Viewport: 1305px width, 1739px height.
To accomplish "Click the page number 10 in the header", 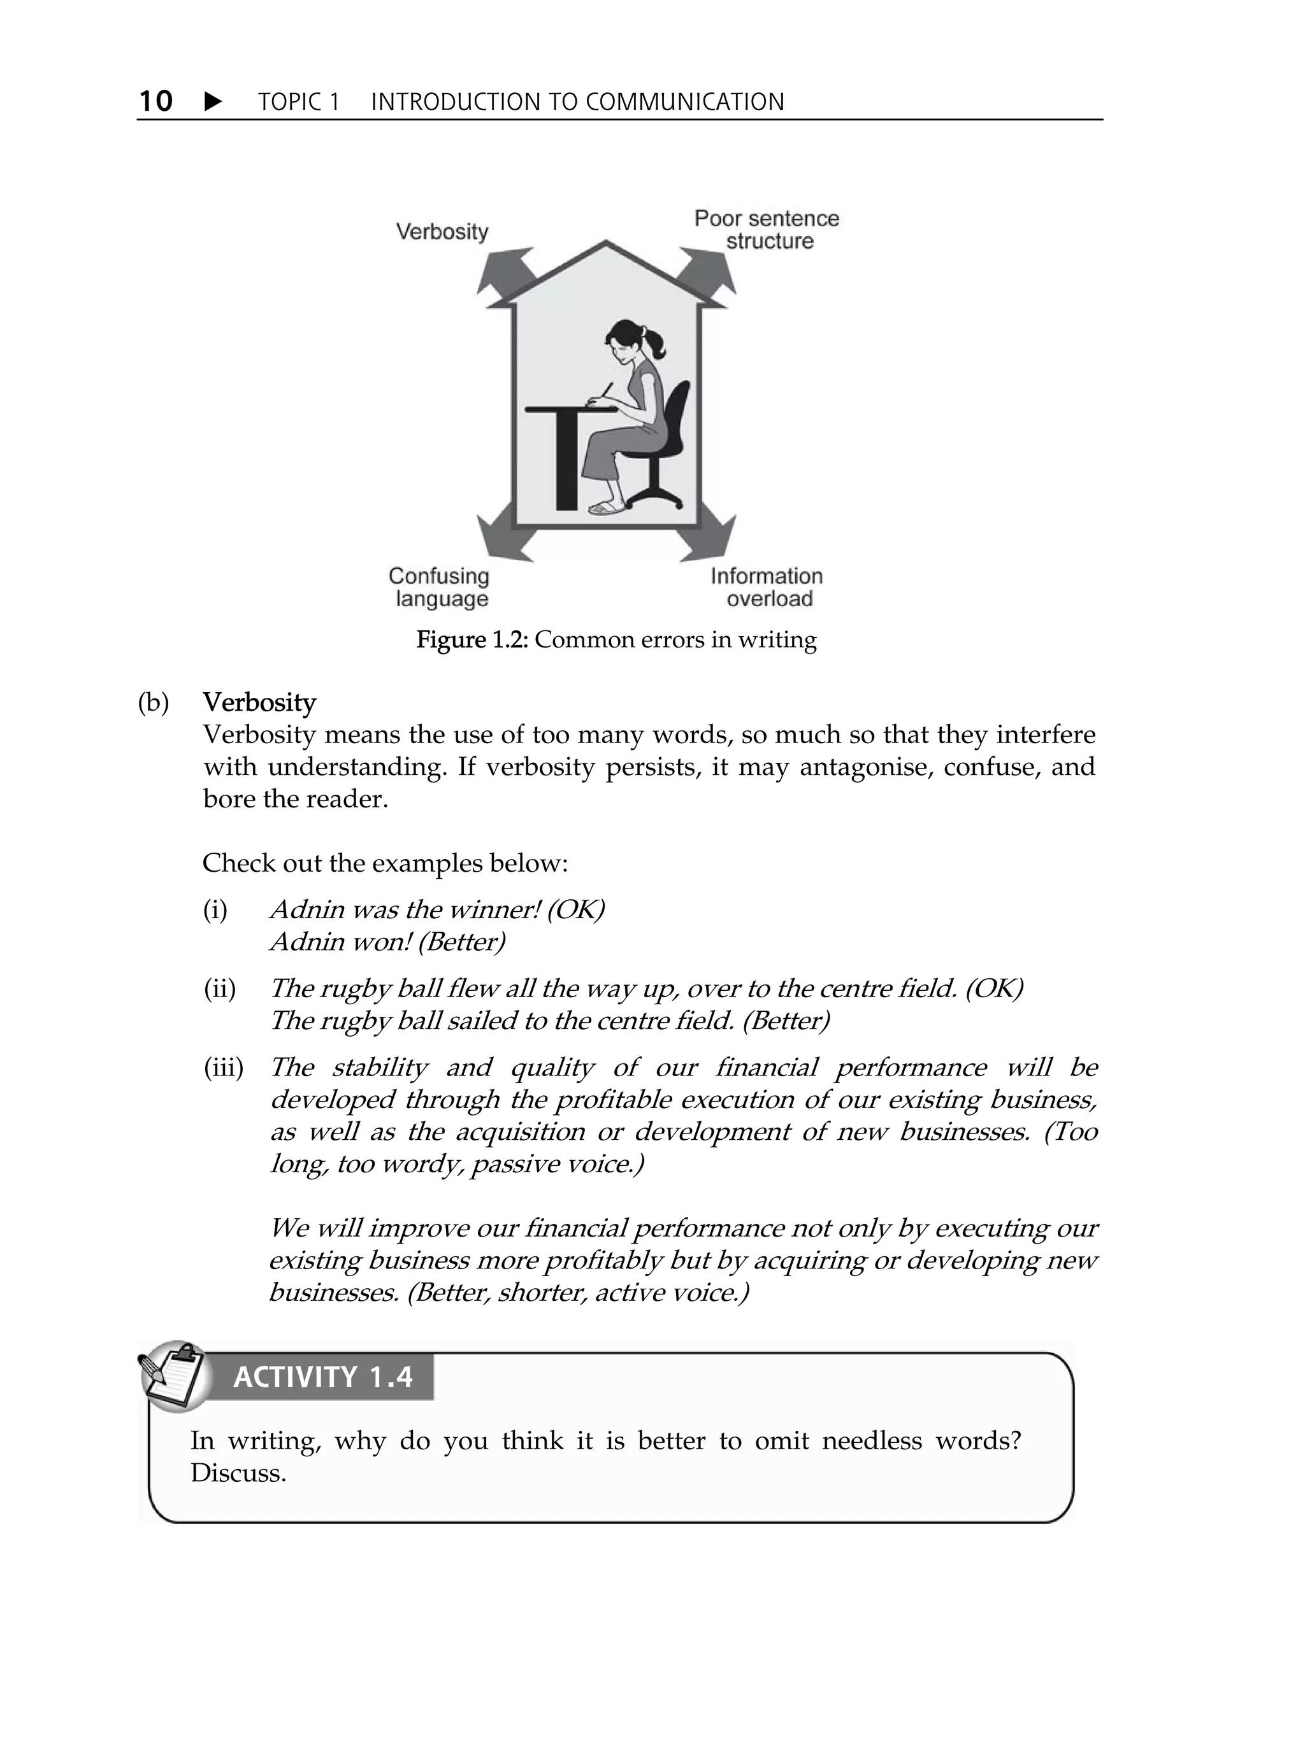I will [155, 101].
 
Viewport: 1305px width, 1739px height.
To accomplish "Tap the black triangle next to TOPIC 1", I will [212, 101].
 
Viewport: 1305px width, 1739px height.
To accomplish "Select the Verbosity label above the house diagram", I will [442, 231].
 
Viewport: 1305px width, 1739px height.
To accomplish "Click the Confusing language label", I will [439, 587].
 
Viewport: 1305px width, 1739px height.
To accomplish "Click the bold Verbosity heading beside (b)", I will [259, 702].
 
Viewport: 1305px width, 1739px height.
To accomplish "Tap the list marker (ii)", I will [219, 989].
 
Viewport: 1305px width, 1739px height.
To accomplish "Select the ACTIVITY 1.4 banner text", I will [322, 1377].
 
